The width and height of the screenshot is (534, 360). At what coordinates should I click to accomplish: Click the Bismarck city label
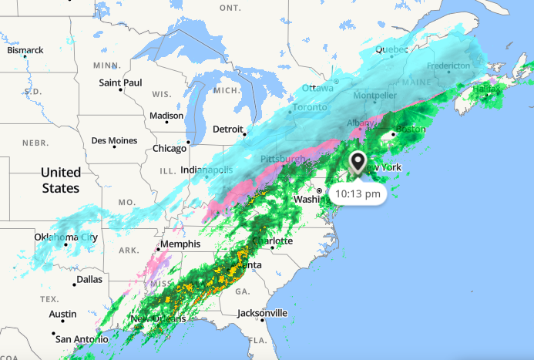25,50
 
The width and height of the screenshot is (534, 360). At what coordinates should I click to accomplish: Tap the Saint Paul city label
120,82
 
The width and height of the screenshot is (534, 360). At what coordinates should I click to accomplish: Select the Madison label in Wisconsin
166,116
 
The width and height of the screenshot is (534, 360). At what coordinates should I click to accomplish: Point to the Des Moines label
113,140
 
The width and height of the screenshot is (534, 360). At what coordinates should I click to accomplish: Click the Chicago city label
169,148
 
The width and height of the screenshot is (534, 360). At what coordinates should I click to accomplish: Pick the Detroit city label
227,129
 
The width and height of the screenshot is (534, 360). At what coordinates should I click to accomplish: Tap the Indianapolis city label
207,170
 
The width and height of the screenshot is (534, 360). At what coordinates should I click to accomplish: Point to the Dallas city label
89,279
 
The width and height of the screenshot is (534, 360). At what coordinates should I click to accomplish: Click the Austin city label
62,314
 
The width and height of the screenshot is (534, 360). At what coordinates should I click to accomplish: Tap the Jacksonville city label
262,313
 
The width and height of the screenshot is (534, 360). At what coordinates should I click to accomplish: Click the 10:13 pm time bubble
359,194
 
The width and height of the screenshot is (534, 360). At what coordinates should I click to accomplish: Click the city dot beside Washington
319,190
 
